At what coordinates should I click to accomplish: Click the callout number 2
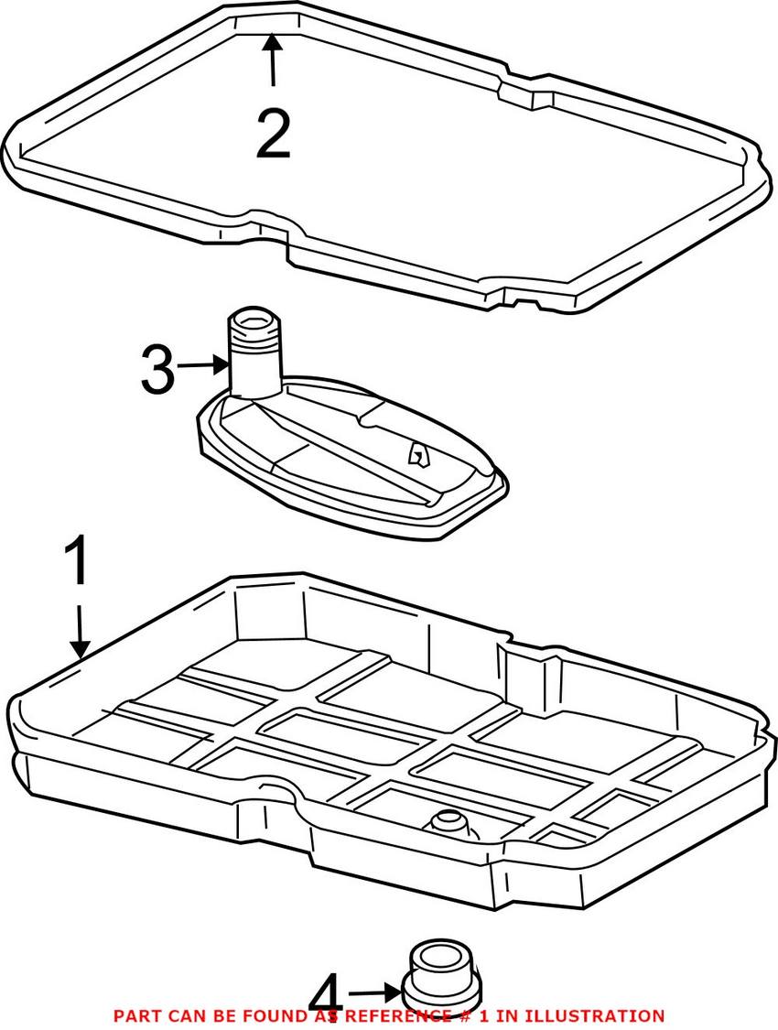point(273,134)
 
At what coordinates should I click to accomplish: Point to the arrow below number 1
point(81,632)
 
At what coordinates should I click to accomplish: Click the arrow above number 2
point(273,60)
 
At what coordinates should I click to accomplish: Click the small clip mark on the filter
point(417,452)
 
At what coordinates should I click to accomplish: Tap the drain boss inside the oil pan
point(447,823)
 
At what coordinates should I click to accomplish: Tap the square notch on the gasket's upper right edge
point(533,97)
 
